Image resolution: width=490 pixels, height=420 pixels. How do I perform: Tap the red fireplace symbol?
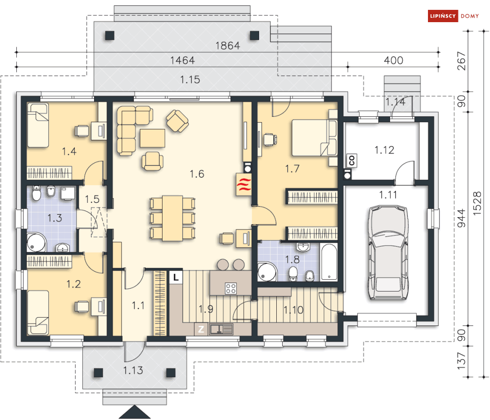pyautogui.click(x=244, y=184)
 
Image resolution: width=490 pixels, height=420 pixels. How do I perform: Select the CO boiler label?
pyautogui.click(x=352, y=161)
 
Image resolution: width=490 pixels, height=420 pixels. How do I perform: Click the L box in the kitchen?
pyautogui.click(x=176, y=277)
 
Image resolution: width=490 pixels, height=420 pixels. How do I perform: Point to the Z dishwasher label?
pyautogui.click(x=201, y=329)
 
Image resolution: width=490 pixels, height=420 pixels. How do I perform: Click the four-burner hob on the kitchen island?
pyautogui.click(x=230, y=289)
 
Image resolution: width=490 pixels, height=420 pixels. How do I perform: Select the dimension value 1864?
pyautogui.click(x=228, y=46)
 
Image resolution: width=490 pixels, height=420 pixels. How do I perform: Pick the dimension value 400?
pyautogui.click(x=393, y=60)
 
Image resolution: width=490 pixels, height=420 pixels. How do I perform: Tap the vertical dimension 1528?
pyautogui.click(x=477, y=203)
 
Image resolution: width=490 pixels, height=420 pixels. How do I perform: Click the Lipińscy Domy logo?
pyautogui.click(x=454, y=16)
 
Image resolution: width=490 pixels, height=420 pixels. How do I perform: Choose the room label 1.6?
pyautogui.click(x=197, y=174)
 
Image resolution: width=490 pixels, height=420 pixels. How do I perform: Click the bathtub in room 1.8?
pyautogui.click(x=329, y=261)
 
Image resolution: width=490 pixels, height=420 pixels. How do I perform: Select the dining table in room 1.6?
pyautogui.click(x=172, y=218)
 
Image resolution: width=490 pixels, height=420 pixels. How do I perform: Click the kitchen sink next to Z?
pyautogui.click(x=221, y=329)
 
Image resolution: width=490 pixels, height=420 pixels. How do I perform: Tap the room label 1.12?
pyautogui.click(x=385, y=150)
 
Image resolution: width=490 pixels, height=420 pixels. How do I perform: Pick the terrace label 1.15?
pyautogui.click(x=190, y=79)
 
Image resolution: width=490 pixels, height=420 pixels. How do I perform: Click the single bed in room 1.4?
pyautogui.click(x=38, y=125)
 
